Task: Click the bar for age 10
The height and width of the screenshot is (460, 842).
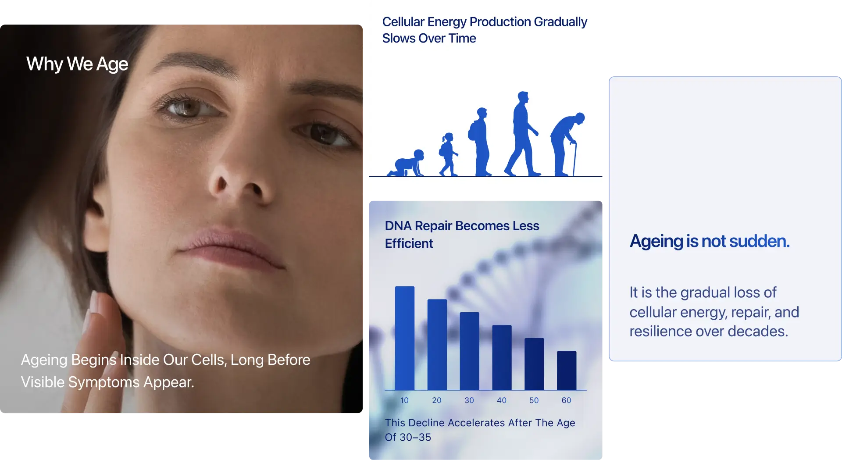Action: (x=405, y=338)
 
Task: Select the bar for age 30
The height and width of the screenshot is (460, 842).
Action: (x=469, y=351)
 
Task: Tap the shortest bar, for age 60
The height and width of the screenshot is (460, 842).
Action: (x=567, y=371)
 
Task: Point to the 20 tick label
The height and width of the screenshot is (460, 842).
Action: (x=437, y=400)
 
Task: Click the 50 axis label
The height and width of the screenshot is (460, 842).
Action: (x=534, y=400)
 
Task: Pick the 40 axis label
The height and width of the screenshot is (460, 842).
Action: (x=502, y=400)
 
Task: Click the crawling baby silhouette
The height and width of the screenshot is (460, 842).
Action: (x=406, y=163)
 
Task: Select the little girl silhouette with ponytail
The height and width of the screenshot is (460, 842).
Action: (x=448, y=154)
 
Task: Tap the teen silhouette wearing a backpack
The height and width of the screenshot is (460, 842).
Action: (x=481, y=142)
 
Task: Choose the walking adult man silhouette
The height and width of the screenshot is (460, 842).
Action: (x=522, y=134)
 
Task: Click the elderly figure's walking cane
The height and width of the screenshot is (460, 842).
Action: (x=574, y=158)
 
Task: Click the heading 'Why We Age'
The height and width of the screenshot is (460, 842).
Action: (x=77, y=64)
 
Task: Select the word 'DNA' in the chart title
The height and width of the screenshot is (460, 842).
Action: (x=398, y=226)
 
